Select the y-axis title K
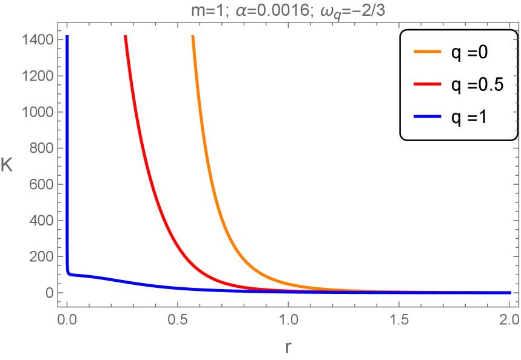pos(8,165)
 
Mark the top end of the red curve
pos(126,36)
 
